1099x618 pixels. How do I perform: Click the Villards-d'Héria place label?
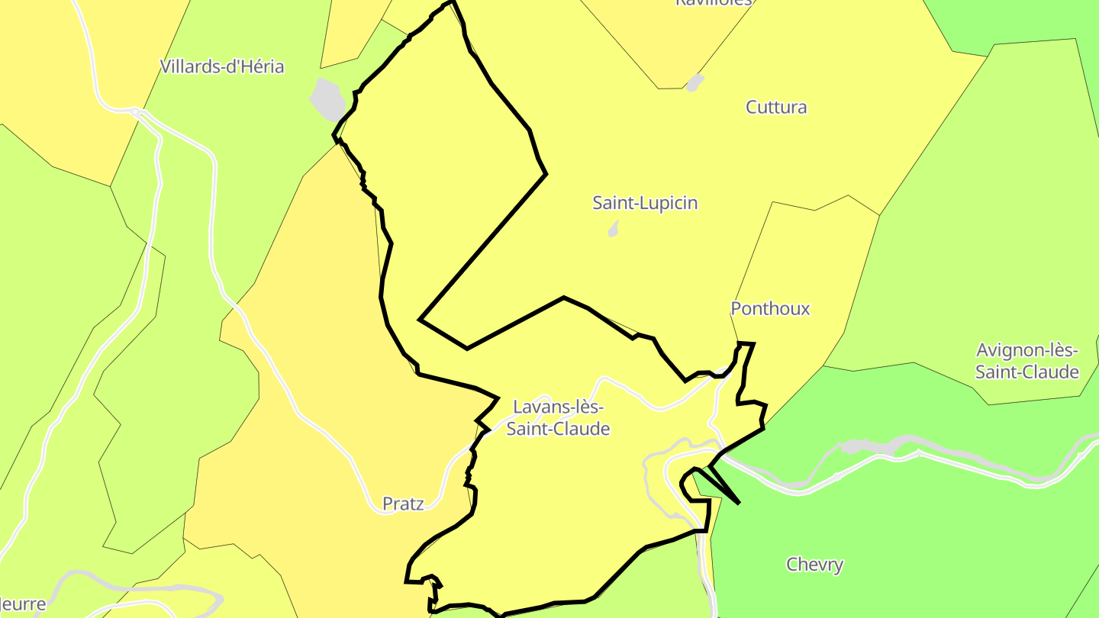(221, 67)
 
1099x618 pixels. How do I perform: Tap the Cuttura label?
(776, 108)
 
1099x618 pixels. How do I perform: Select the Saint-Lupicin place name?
(645, 204)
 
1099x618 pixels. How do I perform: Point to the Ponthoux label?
(770, 309)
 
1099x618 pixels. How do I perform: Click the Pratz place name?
(403, 504)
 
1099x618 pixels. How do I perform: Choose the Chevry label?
(814, 565)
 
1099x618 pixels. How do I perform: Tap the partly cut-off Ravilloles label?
(714, 3)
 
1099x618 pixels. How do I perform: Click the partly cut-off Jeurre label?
(23, 605)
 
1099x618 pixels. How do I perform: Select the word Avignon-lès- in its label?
(1026, 352)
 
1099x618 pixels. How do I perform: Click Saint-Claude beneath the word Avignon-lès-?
(1026, 372)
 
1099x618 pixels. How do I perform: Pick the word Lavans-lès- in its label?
(558, 407)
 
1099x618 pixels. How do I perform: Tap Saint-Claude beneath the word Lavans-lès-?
(558, 429)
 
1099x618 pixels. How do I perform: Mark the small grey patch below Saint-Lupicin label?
(613, 229)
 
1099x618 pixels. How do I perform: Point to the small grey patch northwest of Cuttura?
(694, 82)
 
